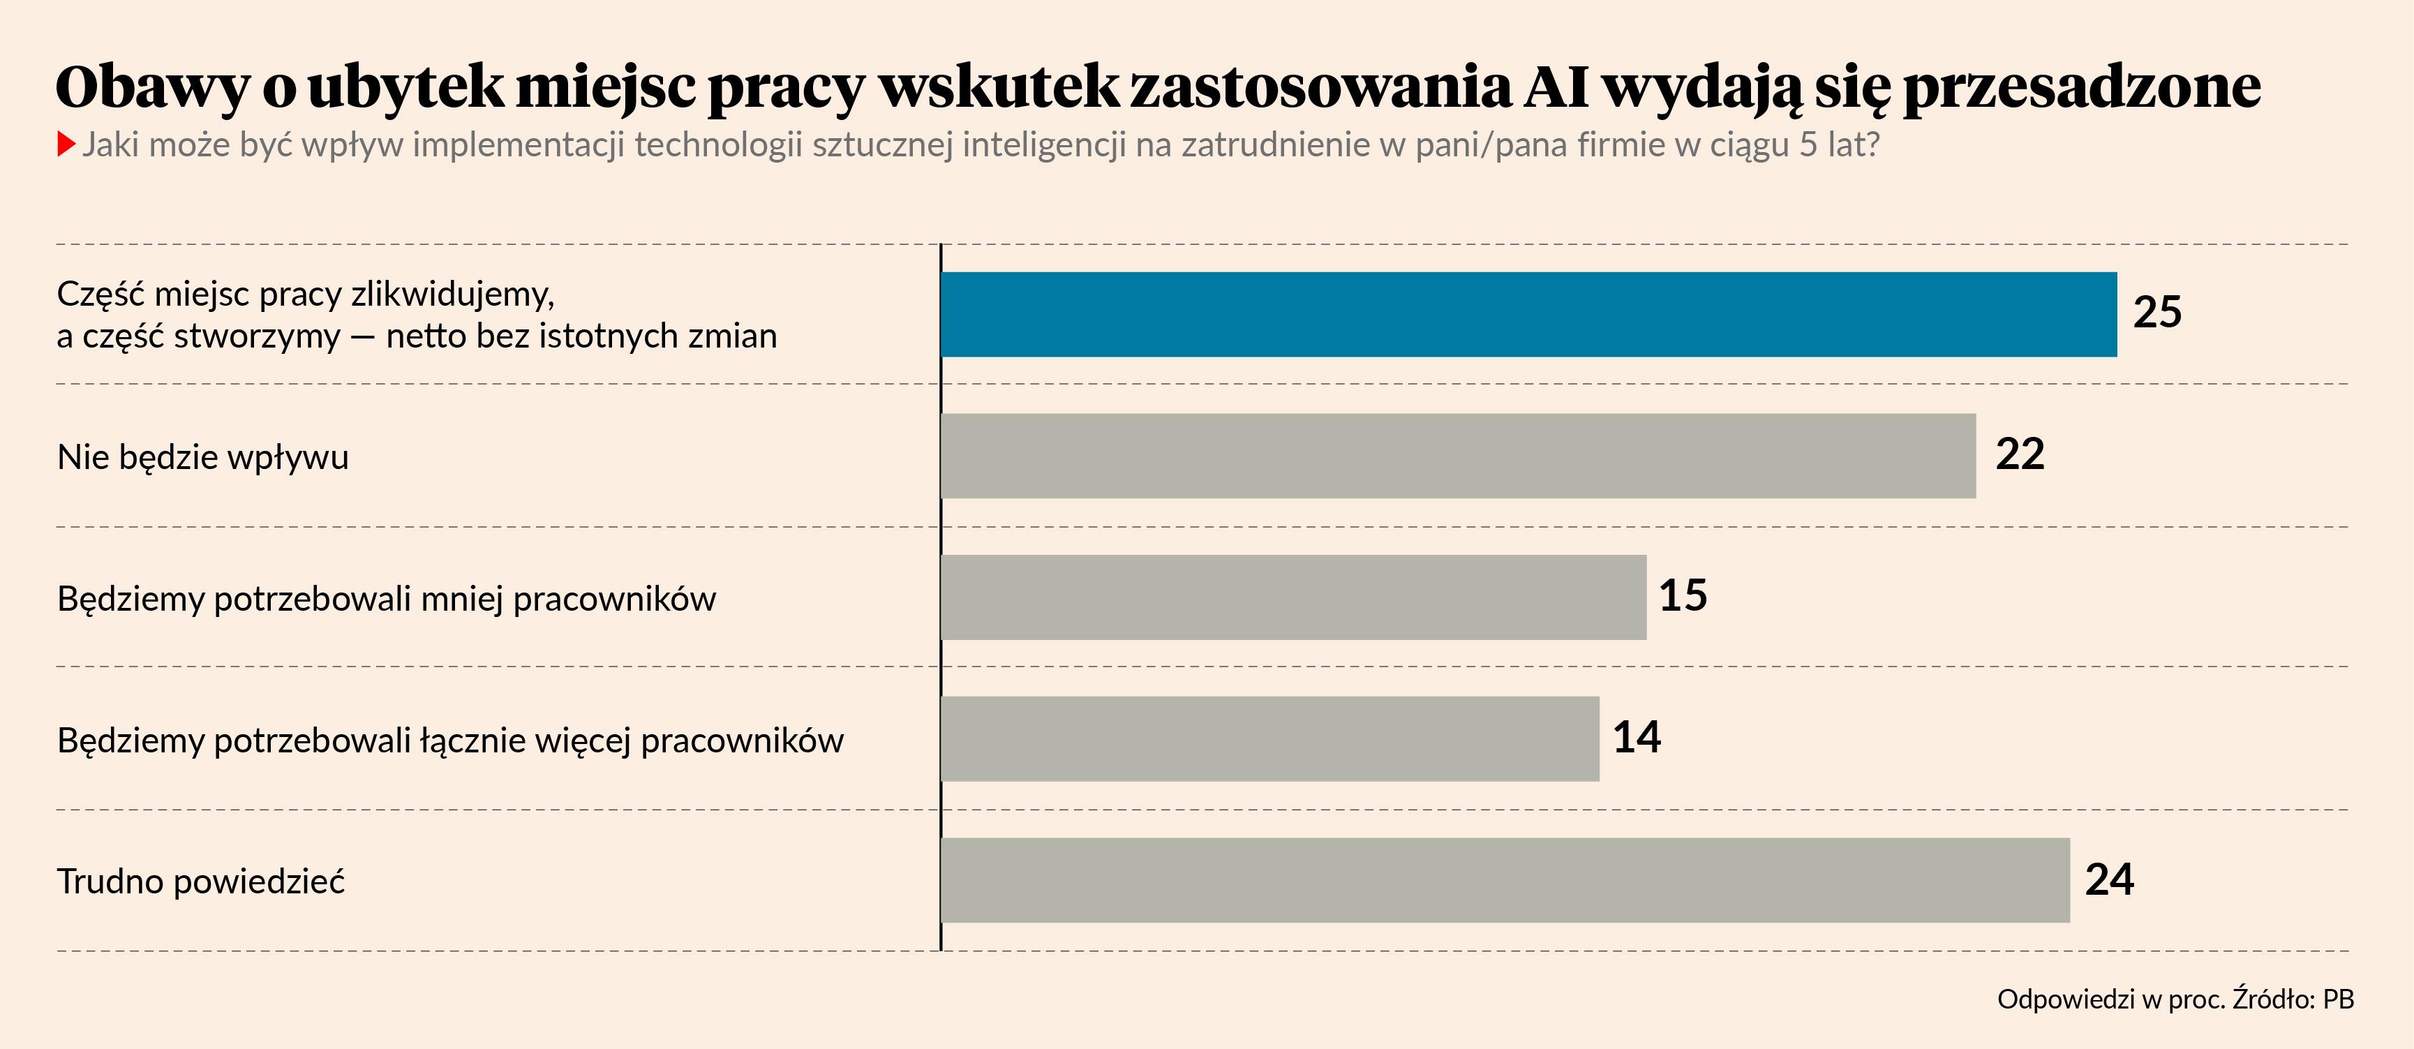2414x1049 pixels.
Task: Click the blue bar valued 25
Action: click(x=1528, y=314)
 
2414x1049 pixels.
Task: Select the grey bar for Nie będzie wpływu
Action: click(x=1457, y=456)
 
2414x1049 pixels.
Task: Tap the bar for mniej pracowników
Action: click(x=1293, y=597)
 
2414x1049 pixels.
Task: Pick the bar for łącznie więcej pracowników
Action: click(x=1269, y=738)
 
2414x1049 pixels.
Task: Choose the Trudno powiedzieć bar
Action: click(x=1504, y=880)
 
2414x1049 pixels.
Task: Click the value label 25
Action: click(x=2157, y=312)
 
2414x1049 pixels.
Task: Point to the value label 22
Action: click(x=2020, y=454)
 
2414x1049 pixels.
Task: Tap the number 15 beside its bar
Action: click(x=1683, y=595)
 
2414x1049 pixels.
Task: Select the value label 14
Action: click(x=1636, y=737)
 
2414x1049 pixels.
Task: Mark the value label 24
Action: click(x=2110, y=879)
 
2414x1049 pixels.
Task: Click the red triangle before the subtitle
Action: click(x=66, y=144)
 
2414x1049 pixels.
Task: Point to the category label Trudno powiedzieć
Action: click(x=200, y=881)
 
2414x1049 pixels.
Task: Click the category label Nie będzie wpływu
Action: click(x=202, y=457)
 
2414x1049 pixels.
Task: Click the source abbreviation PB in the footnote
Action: click(x=2338, y=999)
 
